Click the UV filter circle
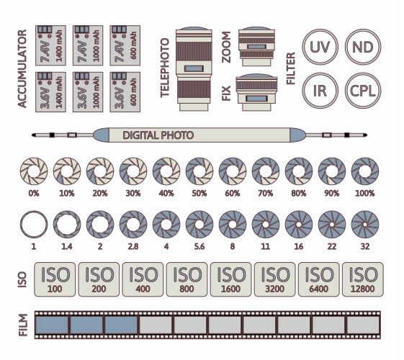tap(318, 48)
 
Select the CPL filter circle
tap(362, 90)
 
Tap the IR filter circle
tap(318, 90)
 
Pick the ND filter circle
tap(362, 48)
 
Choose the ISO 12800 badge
tap(364, 278)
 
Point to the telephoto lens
tap(192, 68)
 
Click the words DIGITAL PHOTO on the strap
tap(158, 135)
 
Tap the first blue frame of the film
tap(52, 325)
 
